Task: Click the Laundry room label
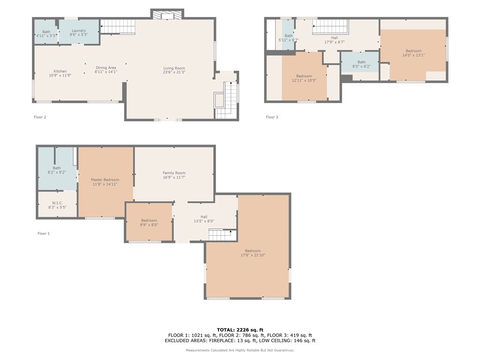[79, 30]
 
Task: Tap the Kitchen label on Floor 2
[60, 71]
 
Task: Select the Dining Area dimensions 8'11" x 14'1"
[106, 72]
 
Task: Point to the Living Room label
[174, 68]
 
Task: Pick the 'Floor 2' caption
[40, 117]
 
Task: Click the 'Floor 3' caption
[272, 117]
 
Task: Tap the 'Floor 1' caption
[44, 233]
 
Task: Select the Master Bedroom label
[105, 180]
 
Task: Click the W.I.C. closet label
[57, 203]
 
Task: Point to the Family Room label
[174, 173]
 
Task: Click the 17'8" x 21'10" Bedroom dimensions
[253, 255]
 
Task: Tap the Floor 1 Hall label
[204, 217]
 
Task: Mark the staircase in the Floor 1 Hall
[220, 235]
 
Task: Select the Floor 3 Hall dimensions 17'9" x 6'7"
[335, 42]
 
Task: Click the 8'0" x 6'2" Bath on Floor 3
[361, 64]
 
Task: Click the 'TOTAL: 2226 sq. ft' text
[240, 330]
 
